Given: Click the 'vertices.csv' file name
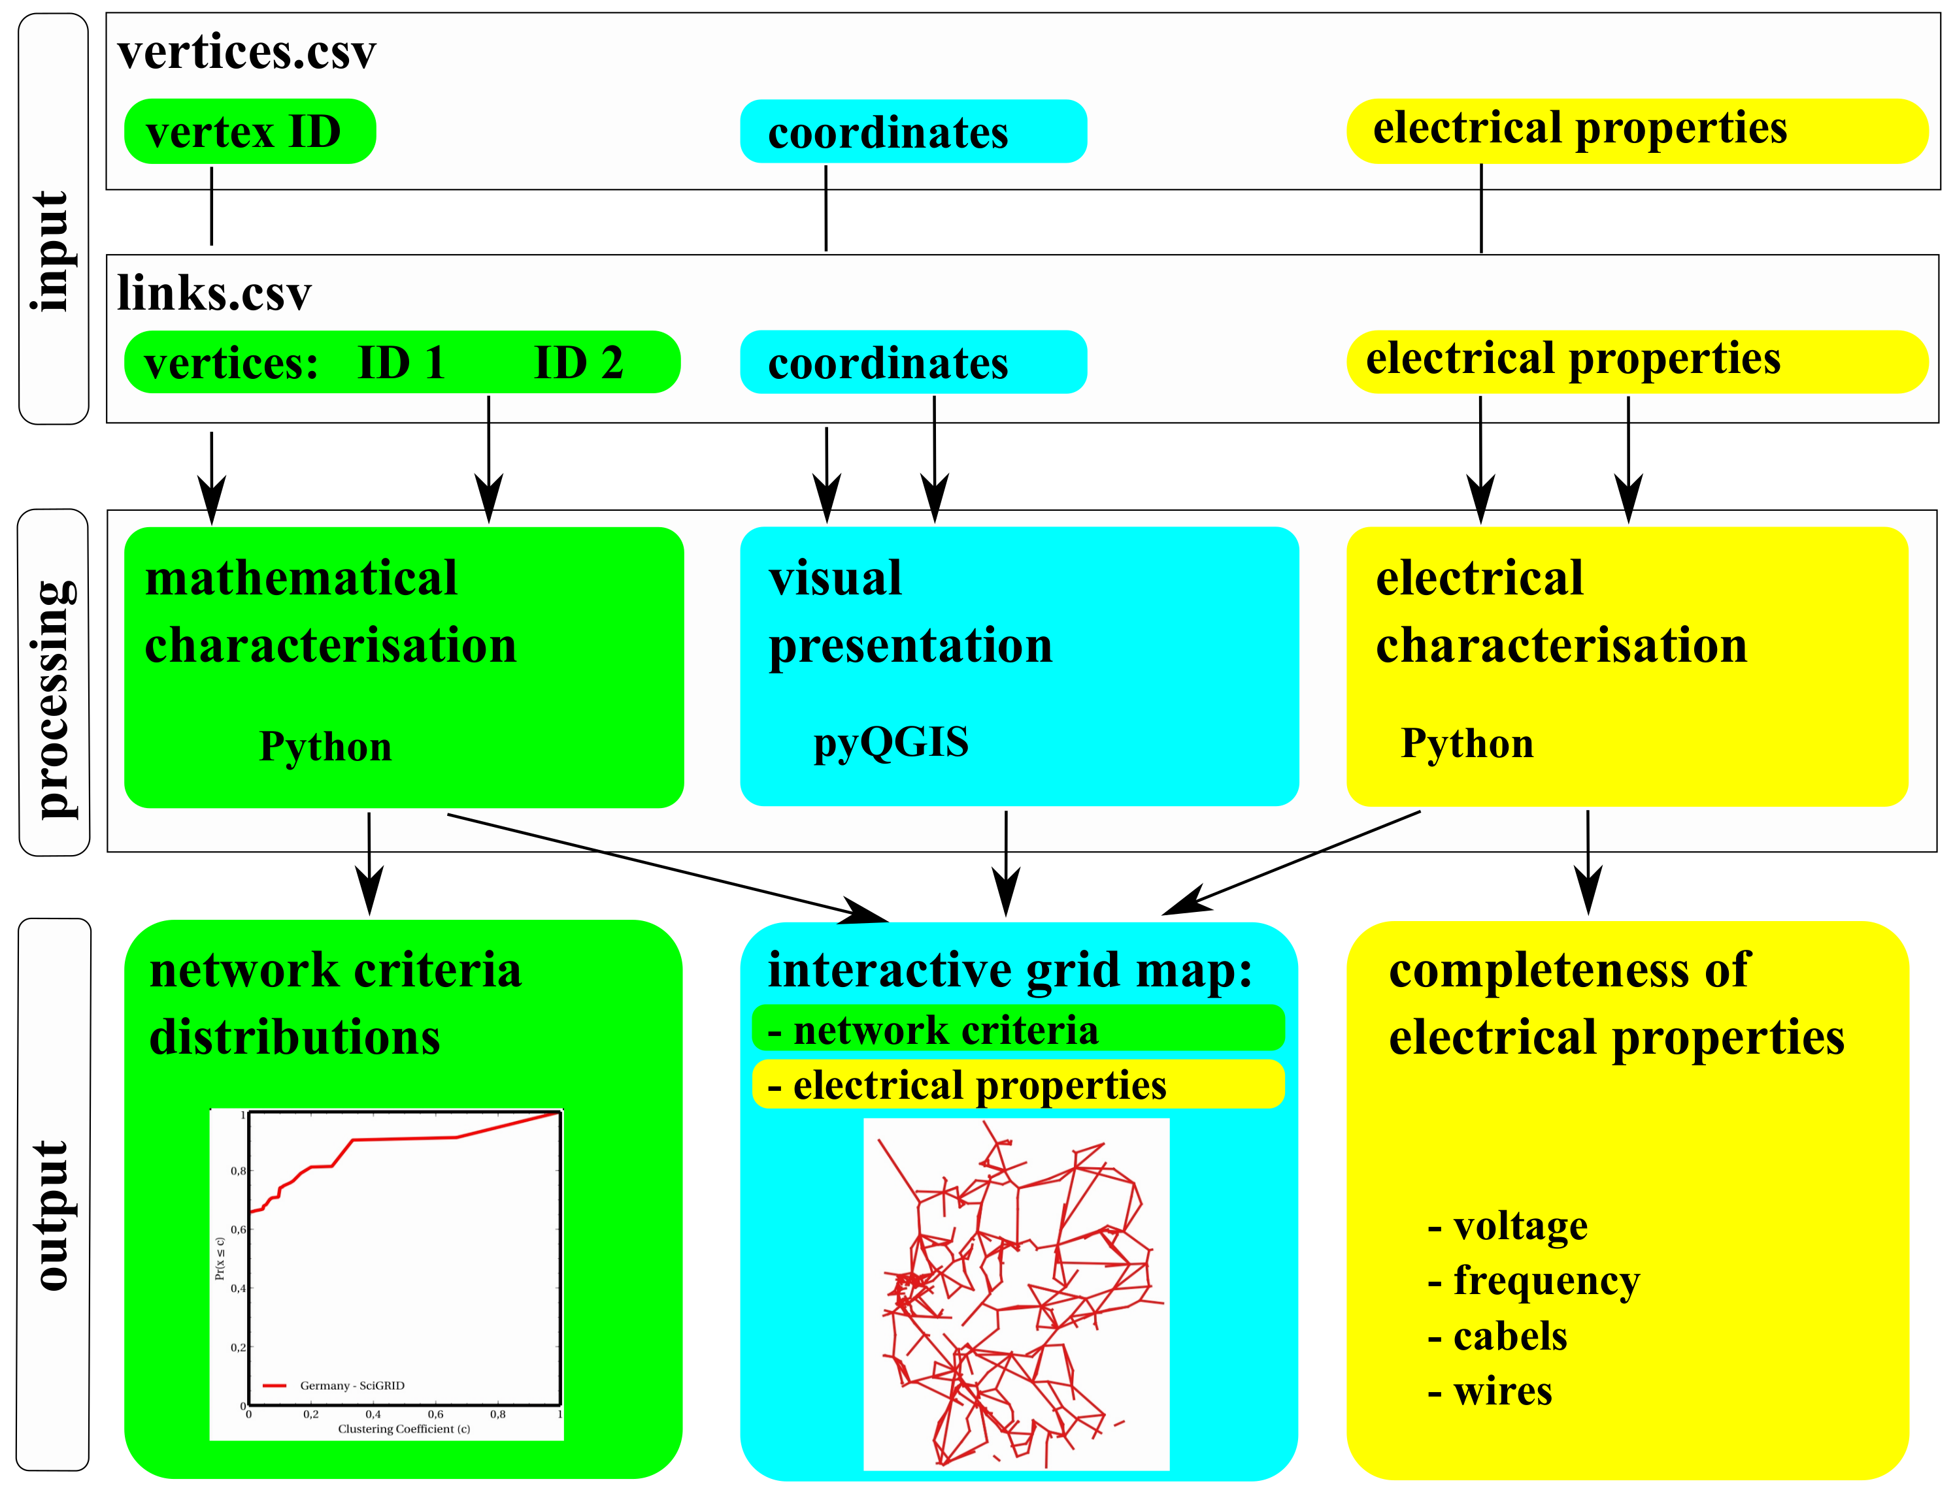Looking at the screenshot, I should click(246, 52).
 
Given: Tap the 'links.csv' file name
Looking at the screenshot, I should click(214, 293).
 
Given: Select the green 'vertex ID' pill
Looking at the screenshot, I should click(249, 131).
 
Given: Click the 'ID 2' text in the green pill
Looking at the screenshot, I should click(578, 363).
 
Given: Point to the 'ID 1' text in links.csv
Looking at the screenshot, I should click(401, 363).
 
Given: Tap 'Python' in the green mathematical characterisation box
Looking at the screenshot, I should click(325, 746).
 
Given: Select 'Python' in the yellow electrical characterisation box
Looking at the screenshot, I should click(1466, 743).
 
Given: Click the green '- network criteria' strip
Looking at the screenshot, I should click(1018, 1030).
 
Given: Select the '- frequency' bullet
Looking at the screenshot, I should click(1533, 1280).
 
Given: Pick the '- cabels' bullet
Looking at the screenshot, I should click(1497, 1337).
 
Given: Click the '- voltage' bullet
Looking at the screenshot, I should click(1507, 1225).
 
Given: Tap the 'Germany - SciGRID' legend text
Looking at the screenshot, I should click(352, 1386).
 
